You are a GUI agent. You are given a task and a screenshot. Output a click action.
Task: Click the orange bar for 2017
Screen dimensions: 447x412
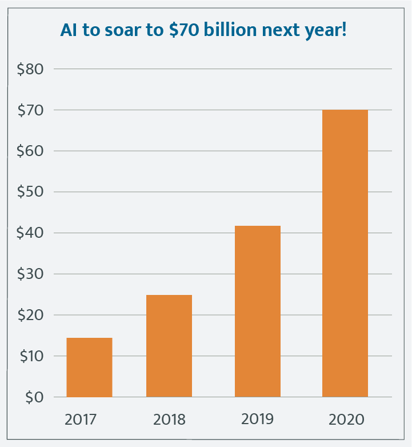[x=89, y=367]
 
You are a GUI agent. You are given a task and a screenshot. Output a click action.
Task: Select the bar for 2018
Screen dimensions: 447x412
[x=169, y=346]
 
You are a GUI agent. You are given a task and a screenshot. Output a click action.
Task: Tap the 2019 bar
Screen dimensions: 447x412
[x=258, y=311]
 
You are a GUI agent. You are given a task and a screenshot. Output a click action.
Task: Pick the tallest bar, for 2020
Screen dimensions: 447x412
[x=345, y=253]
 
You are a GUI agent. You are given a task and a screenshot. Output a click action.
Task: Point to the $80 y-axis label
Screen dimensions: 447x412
[x=30, y=69]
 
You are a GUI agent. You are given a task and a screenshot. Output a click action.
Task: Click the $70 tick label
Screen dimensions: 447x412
[x=30, y=110]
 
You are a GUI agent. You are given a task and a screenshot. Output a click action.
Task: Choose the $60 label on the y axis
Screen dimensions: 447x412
[x=30, y=151]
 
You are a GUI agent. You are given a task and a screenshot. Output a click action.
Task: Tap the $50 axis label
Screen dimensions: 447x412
[x=30, y=192]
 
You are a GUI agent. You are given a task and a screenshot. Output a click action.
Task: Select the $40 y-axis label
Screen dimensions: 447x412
[x=30, y=233]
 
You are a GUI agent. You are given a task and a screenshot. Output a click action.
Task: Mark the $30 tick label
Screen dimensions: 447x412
[x=30, y=274]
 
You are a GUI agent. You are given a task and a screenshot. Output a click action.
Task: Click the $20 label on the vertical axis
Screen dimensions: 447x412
[x=30, y=315]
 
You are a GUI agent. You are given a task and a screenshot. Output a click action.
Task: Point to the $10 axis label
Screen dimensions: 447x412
[x=30, y=356]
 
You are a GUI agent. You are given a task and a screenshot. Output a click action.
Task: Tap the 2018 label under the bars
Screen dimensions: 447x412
[x=169, y=420]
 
